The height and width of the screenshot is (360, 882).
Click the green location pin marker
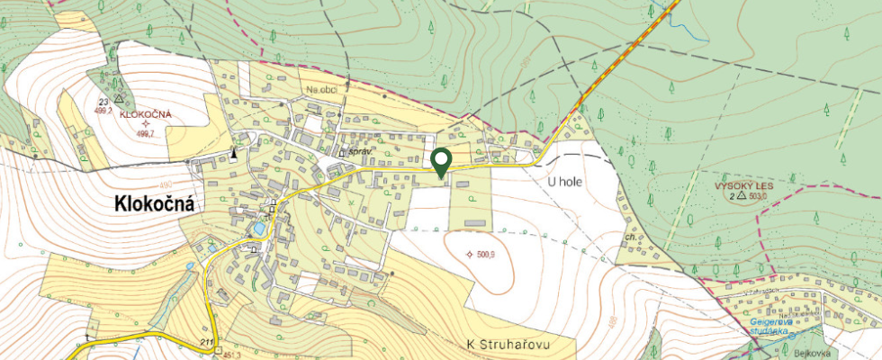pyautogui.click(x=441, y=161)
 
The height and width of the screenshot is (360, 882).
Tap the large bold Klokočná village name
pyautogui.click(x=155, y=205)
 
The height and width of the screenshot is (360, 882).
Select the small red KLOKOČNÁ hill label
pyautogui.click(x=147, y=116)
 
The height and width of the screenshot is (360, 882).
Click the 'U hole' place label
pyautogui.click(x=566, y=181)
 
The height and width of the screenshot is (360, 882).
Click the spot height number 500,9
pyautogui.click(x=486, y=255)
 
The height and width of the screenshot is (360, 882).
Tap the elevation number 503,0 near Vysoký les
pyautogui.click(x=760, y=195)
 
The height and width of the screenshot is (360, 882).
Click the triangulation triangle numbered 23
pyautogui.click(x=119, y=98)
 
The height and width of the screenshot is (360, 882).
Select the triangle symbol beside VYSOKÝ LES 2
pyautogui.click(x=741, y=195)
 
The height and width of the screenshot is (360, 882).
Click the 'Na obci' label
pyautogui.click(x=321, y=90)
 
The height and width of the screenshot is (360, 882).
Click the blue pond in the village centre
pyautogui.click(x=259, y=229)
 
